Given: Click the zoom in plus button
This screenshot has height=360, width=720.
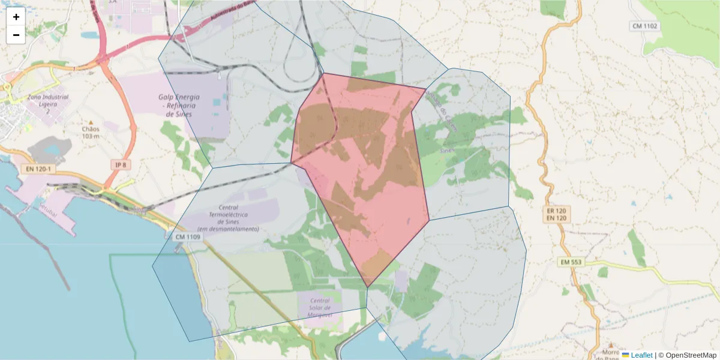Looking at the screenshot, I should (16, 17).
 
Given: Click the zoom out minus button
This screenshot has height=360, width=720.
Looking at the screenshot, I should (16, 35).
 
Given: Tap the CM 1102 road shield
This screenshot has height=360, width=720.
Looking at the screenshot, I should (645, 26).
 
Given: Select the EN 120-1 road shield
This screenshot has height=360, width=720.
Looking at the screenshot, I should (38, 169).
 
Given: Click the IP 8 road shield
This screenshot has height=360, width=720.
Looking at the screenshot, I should (121, 165).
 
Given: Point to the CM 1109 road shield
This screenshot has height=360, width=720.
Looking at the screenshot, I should (188, 237).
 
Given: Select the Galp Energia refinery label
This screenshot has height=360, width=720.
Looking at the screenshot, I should (179, 105).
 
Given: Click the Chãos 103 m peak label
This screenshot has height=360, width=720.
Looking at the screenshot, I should (91, 132).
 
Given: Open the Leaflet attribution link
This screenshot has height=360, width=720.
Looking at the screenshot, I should (641, 355).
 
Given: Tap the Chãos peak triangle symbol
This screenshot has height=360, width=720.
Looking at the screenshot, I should (91, 122).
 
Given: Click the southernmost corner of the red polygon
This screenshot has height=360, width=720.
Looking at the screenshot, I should (367, 287).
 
